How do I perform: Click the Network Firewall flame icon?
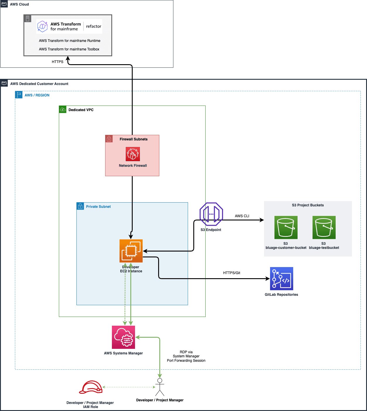133,154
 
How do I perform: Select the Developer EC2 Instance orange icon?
131,251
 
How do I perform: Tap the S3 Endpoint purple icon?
211,214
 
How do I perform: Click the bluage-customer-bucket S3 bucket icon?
286,227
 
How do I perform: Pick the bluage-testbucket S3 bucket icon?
324,227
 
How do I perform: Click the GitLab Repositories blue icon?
281,278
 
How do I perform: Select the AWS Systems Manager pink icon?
123,337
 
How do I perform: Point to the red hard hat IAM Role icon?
91,387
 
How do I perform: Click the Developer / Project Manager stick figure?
160,387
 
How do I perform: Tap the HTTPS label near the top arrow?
57,62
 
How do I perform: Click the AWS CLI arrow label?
242,216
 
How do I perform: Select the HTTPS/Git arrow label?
231,273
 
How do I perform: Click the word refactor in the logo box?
93,26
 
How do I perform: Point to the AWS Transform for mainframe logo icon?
42,26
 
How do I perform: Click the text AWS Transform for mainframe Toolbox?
69,49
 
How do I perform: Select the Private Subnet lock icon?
80,206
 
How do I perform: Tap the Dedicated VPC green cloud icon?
63,109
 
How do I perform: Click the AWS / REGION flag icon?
19,95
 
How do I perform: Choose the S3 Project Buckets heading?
308,205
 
